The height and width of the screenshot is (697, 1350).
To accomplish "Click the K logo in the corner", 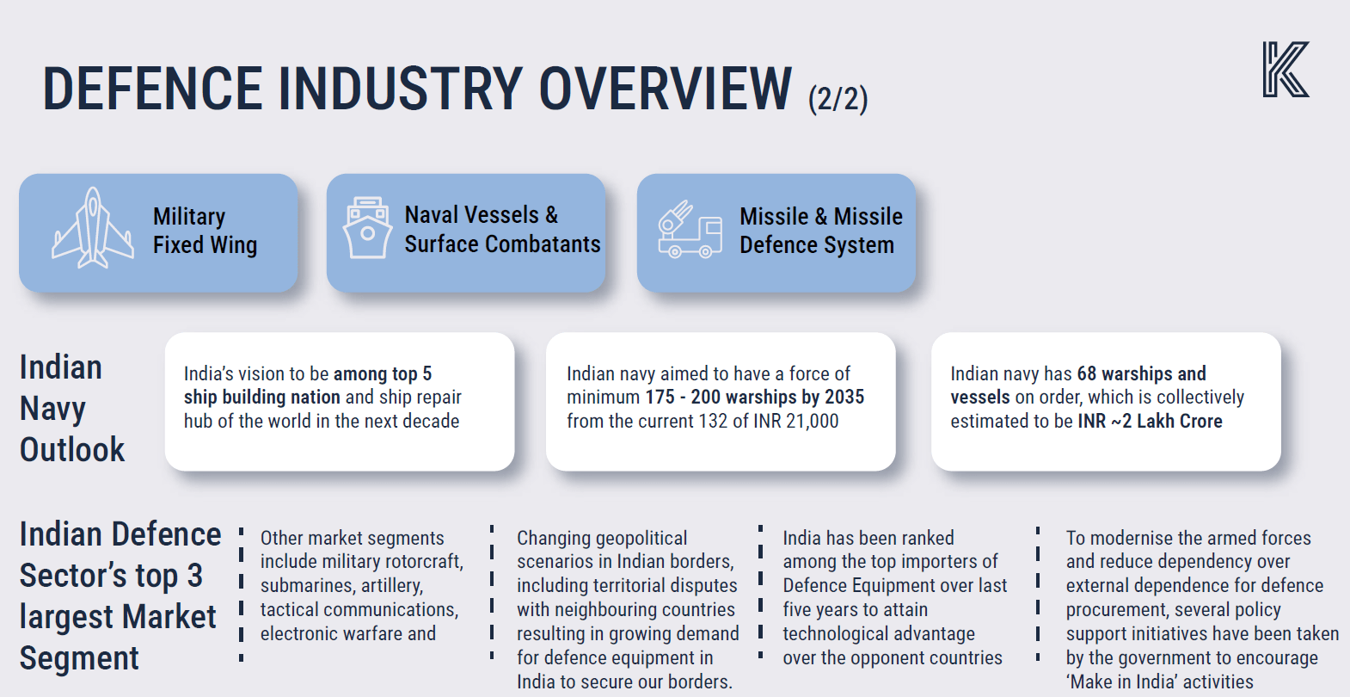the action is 1286,70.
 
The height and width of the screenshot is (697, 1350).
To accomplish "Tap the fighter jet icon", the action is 93,228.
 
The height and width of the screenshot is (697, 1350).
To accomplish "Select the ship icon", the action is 366,228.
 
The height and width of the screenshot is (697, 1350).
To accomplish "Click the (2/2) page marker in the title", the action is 838,99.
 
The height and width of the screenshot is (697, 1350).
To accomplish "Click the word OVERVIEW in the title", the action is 666,89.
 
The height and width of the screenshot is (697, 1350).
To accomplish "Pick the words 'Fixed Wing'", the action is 205,244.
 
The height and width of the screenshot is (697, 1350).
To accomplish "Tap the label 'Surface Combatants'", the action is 502,244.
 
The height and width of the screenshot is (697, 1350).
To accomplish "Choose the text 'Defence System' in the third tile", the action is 817,244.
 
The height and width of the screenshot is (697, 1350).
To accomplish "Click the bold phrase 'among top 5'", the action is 383,373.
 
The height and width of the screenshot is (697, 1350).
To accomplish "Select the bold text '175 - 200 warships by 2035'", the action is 755,397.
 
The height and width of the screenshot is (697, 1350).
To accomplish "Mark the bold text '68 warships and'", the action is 1141,373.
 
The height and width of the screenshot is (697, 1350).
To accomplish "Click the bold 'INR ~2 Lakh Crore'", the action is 1150,421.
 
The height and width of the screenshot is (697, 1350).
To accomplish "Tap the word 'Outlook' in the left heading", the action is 71,449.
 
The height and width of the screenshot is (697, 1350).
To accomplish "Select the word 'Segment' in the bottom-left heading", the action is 79,657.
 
